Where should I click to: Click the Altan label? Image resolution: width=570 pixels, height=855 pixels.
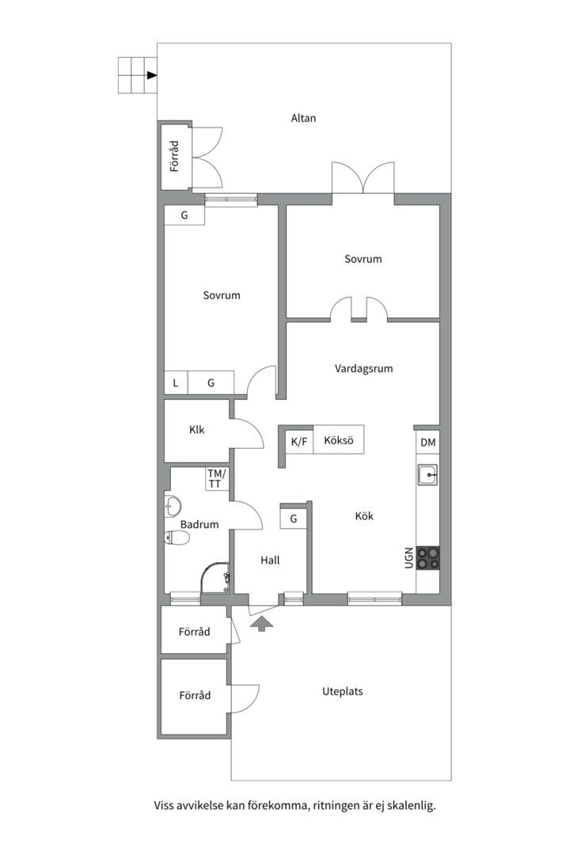(303, 118)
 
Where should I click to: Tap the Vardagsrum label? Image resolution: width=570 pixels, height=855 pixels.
(364, 369)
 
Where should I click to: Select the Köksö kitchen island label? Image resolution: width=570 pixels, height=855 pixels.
(339, 440)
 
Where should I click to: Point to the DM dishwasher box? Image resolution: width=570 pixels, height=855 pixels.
(427, 443)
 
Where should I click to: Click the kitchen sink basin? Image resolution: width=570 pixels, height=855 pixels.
(427, 475)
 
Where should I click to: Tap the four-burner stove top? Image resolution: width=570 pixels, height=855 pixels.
(427, 558)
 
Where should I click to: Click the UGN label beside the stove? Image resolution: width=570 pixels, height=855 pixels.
(409, 558)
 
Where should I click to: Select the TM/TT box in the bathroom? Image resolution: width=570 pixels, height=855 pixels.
(217, 479)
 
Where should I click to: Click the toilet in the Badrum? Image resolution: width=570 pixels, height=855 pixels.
(177, 538)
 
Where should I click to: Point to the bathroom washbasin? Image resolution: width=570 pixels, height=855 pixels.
(173, 506)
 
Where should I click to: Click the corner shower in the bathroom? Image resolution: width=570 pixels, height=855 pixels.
(215, 578)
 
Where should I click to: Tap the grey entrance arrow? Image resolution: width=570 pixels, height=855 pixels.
(262, 623)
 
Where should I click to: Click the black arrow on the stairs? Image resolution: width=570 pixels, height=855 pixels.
(152, 75)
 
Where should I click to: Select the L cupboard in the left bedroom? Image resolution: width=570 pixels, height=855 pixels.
(176, 382)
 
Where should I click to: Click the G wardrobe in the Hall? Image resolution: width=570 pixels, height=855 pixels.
(294, 518)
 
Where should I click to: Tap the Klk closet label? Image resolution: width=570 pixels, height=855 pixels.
(197, 430)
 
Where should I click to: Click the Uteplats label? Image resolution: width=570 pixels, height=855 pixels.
(343, 691)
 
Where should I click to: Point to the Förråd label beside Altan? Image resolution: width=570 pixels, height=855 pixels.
(174, 157)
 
